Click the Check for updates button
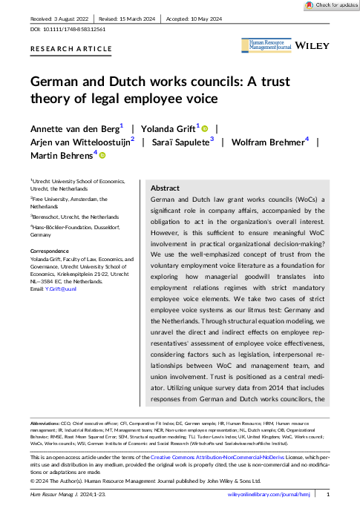coord(328,5)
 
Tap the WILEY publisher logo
coord(312,46)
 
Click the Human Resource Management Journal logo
coord(265,46)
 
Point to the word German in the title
coord(56,82)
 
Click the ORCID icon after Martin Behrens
coord(102,154)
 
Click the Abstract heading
coord(166,188)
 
